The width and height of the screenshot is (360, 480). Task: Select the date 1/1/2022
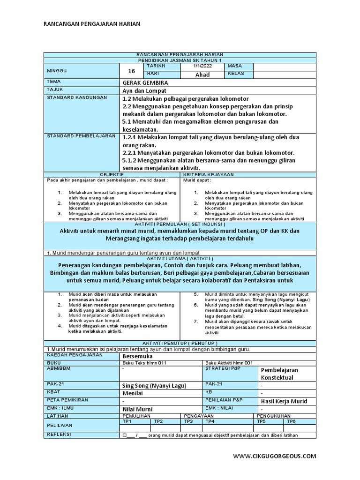[202, 67]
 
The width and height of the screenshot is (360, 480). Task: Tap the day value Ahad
[202, 75]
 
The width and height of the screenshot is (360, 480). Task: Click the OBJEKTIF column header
[111, 174]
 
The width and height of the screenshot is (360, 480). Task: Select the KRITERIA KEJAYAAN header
[203, 174]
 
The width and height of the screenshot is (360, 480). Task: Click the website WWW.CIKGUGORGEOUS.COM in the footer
[275, 456]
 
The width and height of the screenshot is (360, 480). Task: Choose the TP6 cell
[291, 421]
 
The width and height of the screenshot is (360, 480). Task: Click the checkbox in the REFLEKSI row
[125, 435]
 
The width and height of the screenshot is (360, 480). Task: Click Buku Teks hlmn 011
[144, 363]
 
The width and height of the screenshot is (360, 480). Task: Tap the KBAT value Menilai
[132, 393]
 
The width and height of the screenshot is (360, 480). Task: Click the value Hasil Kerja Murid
[284, 401]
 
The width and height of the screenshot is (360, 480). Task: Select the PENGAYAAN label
[199, 416]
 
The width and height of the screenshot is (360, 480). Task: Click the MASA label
[234, 67]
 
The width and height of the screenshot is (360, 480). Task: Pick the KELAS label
[236, 74]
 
